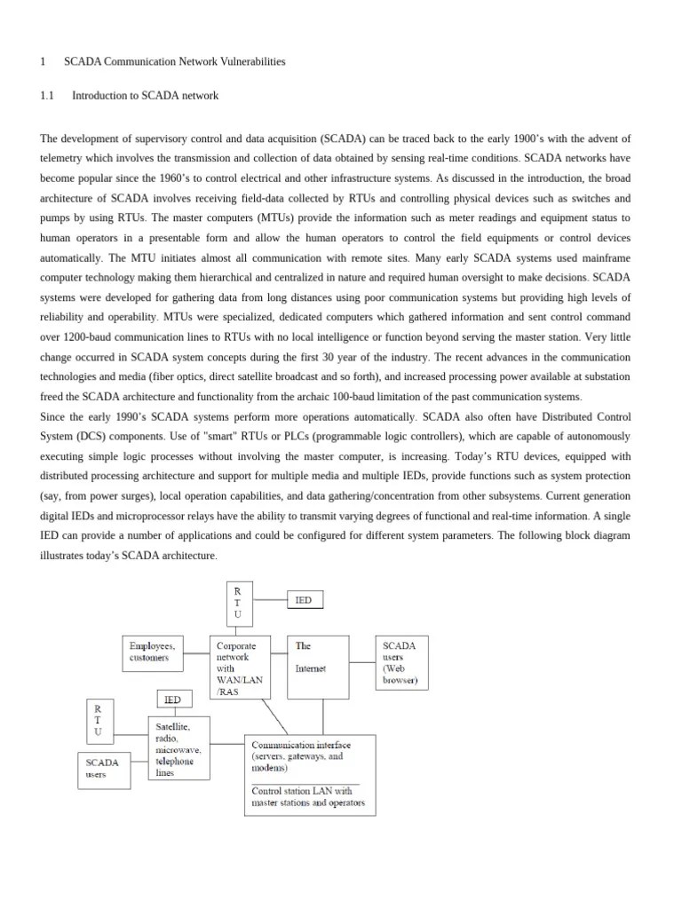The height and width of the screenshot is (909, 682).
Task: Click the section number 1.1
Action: (x=48, y=95)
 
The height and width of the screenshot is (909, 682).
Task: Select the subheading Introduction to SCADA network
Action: (x=145, y=95)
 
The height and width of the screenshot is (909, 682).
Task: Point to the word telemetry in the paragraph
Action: (x=65, y=158)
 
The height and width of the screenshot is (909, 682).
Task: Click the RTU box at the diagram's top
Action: (x=237, y=603)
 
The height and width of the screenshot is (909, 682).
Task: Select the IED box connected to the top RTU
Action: (x=305, y=601)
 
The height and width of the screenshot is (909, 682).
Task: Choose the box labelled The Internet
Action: (x=318, y=667)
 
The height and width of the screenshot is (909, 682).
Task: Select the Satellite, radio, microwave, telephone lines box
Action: (x=178, y=747)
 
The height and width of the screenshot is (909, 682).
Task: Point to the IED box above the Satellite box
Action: (x=173, y=700)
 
